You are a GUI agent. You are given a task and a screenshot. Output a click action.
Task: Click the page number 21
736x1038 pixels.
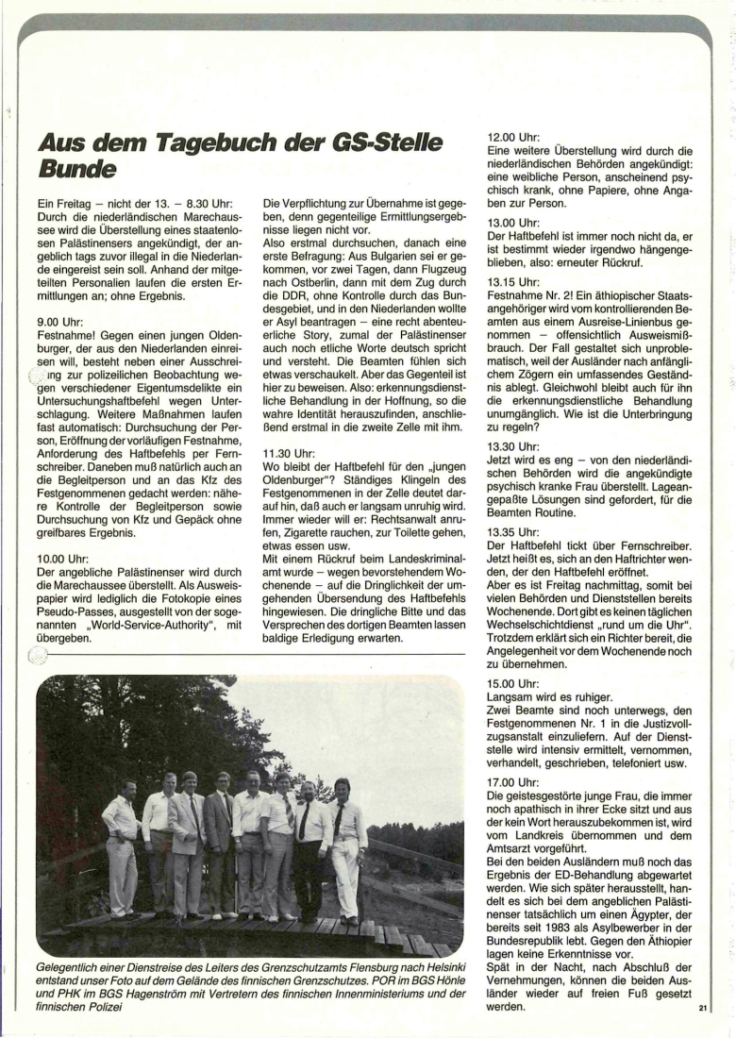(703, 1010)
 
